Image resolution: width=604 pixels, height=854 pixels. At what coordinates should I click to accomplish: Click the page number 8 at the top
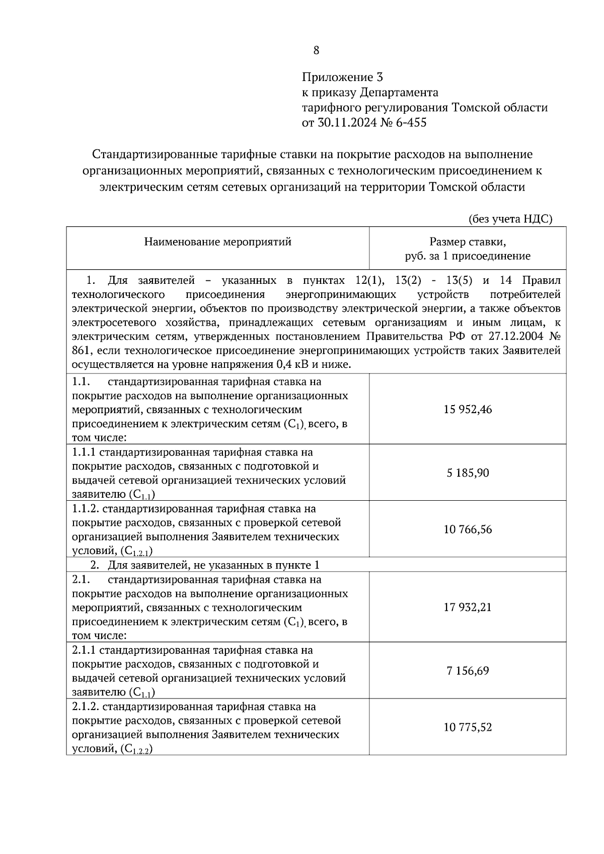(316, 50)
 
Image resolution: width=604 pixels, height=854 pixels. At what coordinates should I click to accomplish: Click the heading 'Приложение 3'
(342, 77)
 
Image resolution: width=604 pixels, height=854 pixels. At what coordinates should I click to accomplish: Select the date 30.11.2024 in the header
(346, 123)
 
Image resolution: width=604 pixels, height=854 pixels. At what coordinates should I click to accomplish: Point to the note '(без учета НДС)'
(510, 219)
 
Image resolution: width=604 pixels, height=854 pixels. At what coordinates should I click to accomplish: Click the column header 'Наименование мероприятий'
(217, 242)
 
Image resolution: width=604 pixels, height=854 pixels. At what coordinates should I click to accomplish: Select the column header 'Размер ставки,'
(468, 242)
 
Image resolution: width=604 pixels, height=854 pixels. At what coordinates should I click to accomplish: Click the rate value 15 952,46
(468, 409)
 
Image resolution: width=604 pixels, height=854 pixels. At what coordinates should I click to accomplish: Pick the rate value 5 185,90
(468, 473)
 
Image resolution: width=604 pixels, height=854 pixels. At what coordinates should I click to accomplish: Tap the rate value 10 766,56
(468, 529)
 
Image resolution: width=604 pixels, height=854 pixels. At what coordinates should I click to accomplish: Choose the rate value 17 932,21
(468, 607)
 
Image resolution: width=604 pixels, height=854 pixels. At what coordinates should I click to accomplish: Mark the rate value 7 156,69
(468, 671)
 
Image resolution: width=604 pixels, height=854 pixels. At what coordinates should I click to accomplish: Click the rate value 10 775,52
(468, 727)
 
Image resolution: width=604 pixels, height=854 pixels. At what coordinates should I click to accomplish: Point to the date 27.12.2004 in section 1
(503, 336)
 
